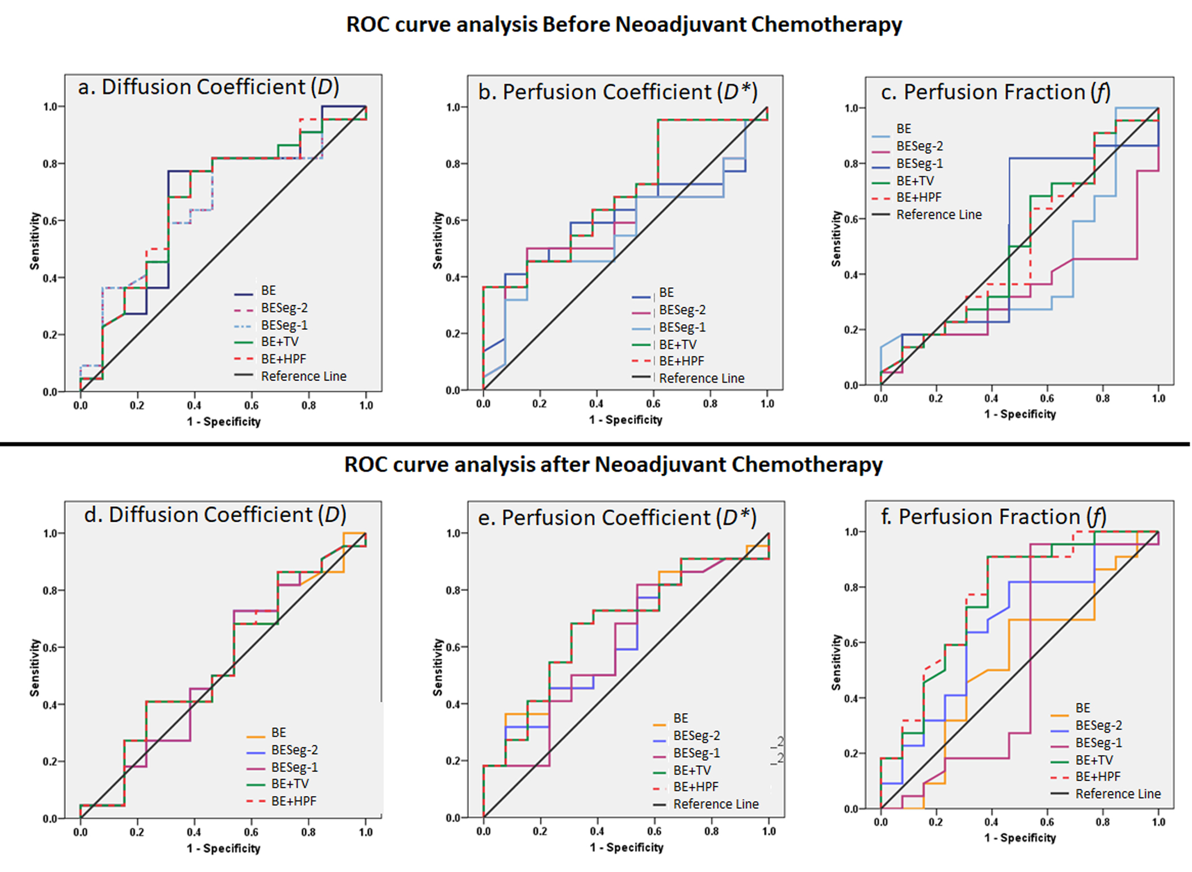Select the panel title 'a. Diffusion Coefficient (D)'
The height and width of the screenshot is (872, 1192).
[x=208, y=87]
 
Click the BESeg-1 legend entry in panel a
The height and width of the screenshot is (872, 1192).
[x=284, y=325]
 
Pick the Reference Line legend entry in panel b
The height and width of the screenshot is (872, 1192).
[x=701, y=379]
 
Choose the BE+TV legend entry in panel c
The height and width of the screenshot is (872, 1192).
[x=915, y=181]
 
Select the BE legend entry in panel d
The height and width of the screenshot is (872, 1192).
[x=278, y=733]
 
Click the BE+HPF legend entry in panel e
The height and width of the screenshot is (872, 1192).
[x=695, y=787]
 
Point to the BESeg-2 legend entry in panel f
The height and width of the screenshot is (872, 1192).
[x=1098, y=726]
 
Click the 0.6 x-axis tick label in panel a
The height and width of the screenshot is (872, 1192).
[x=251, y=405]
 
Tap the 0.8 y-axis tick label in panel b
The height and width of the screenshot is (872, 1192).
[x=452, y=164]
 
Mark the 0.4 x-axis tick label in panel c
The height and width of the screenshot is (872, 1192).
[x=991, y=399]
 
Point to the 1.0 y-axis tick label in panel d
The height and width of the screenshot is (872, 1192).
[x=50, y=534]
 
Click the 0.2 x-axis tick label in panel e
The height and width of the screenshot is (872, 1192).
[x=540, y=831]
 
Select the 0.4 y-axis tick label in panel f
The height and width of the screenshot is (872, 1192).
[x=851, y=698]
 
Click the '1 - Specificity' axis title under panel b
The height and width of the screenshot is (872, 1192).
[x=626, y=420]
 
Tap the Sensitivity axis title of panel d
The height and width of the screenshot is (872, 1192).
[x=35, y=668]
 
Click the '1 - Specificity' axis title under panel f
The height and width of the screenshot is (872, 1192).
[x=1020, y=838]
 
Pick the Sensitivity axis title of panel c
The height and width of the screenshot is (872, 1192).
[x=836, y=239]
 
